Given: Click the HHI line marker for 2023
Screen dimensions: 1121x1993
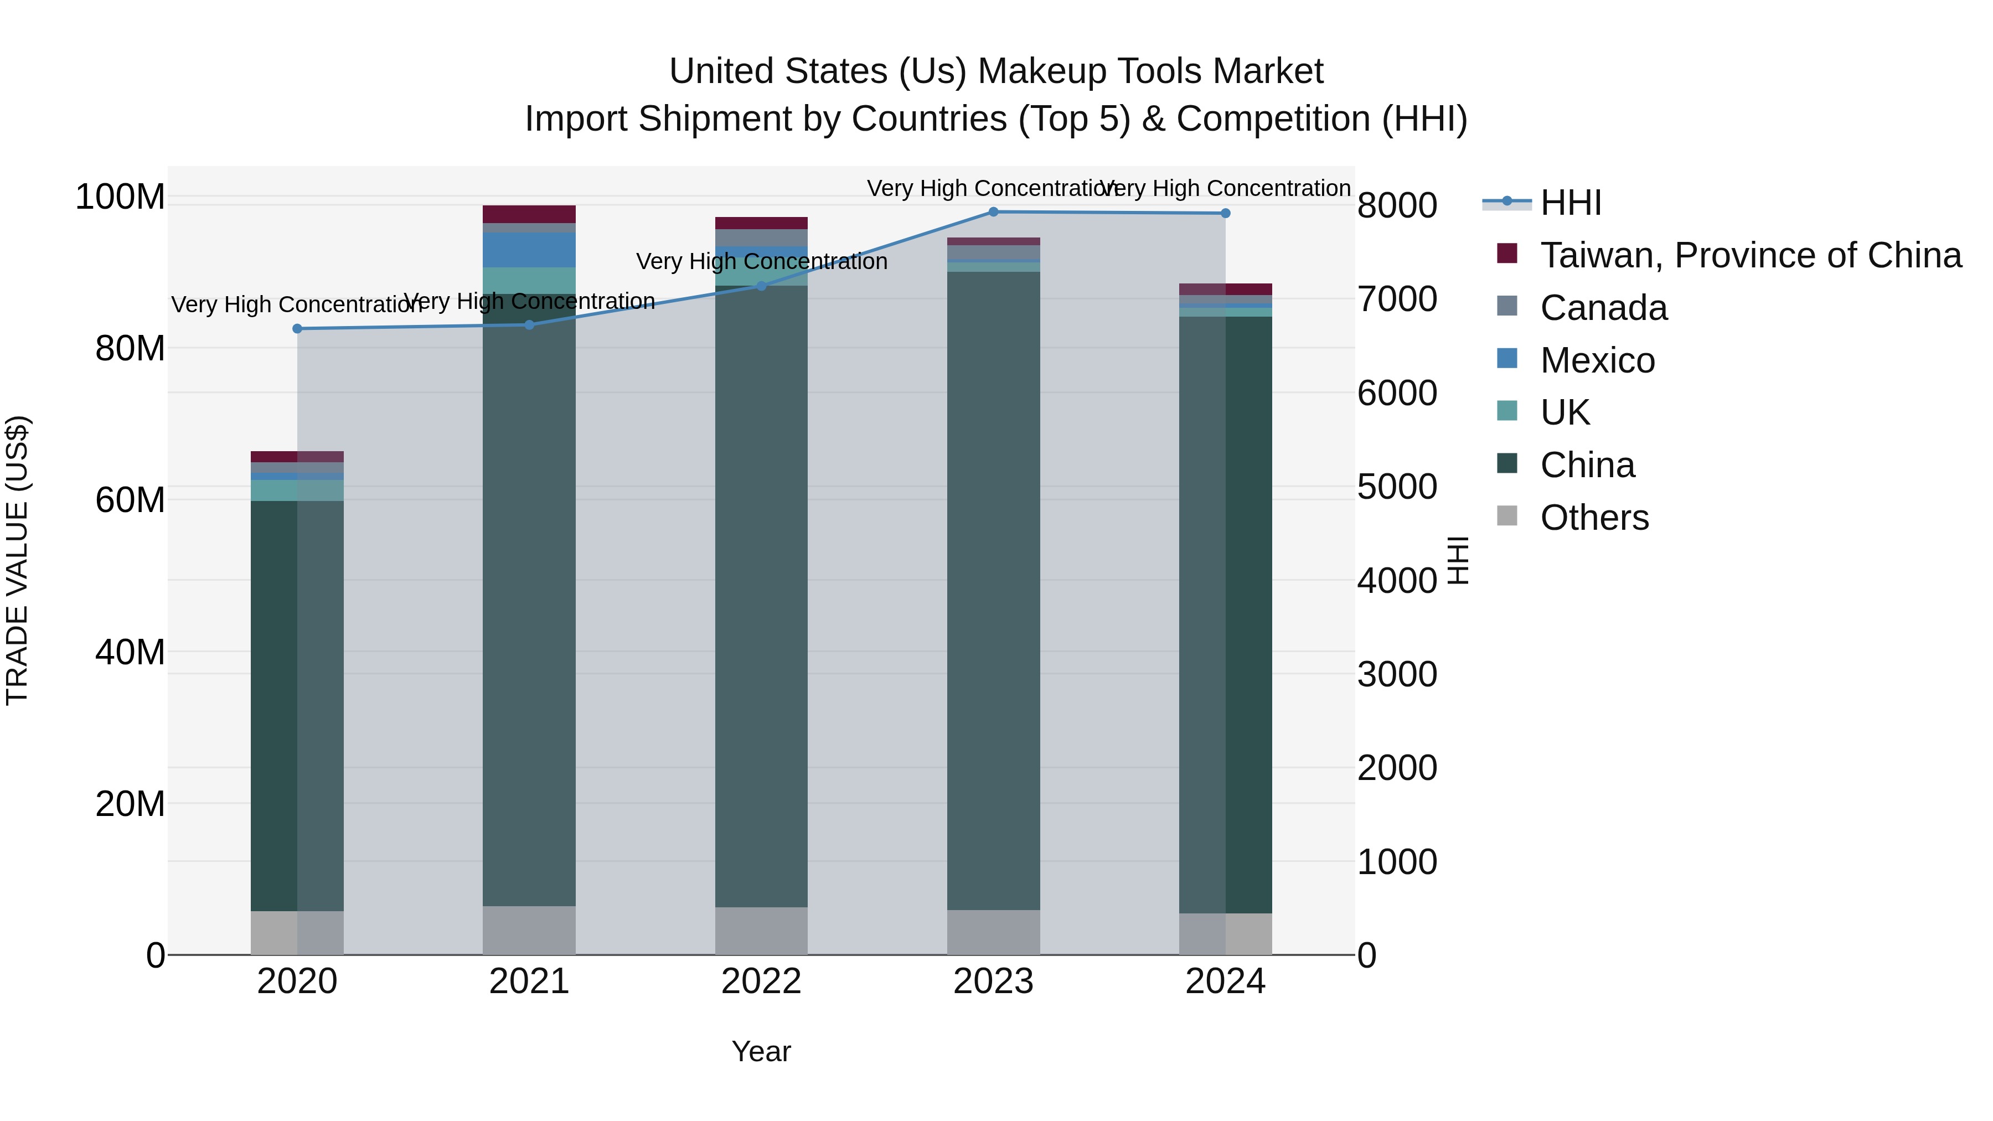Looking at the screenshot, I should coord(993,211).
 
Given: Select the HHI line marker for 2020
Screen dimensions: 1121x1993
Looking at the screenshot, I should coord(297,329).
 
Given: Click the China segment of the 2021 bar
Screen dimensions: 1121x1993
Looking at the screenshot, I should coord(529,603).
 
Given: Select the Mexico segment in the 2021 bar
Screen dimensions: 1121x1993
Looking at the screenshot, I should coord(529,250).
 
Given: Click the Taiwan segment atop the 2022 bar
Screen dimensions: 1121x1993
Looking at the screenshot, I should coord(761,223).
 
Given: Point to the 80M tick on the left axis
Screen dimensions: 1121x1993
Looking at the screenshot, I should coord(130,349).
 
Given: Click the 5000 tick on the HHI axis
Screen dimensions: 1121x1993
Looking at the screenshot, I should coord(1397,487).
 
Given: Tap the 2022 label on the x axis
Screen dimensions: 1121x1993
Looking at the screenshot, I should coord(761,981).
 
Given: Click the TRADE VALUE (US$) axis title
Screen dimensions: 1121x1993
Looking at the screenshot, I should coord(17,560).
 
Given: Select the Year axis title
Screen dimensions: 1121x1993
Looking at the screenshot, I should coord(761,1051).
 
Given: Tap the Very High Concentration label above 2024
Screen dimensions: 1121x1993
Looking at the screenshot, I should coord(1226,188).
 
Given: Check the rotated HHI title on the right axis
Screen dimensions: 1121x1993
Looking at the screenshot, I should coord(1457,560).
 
